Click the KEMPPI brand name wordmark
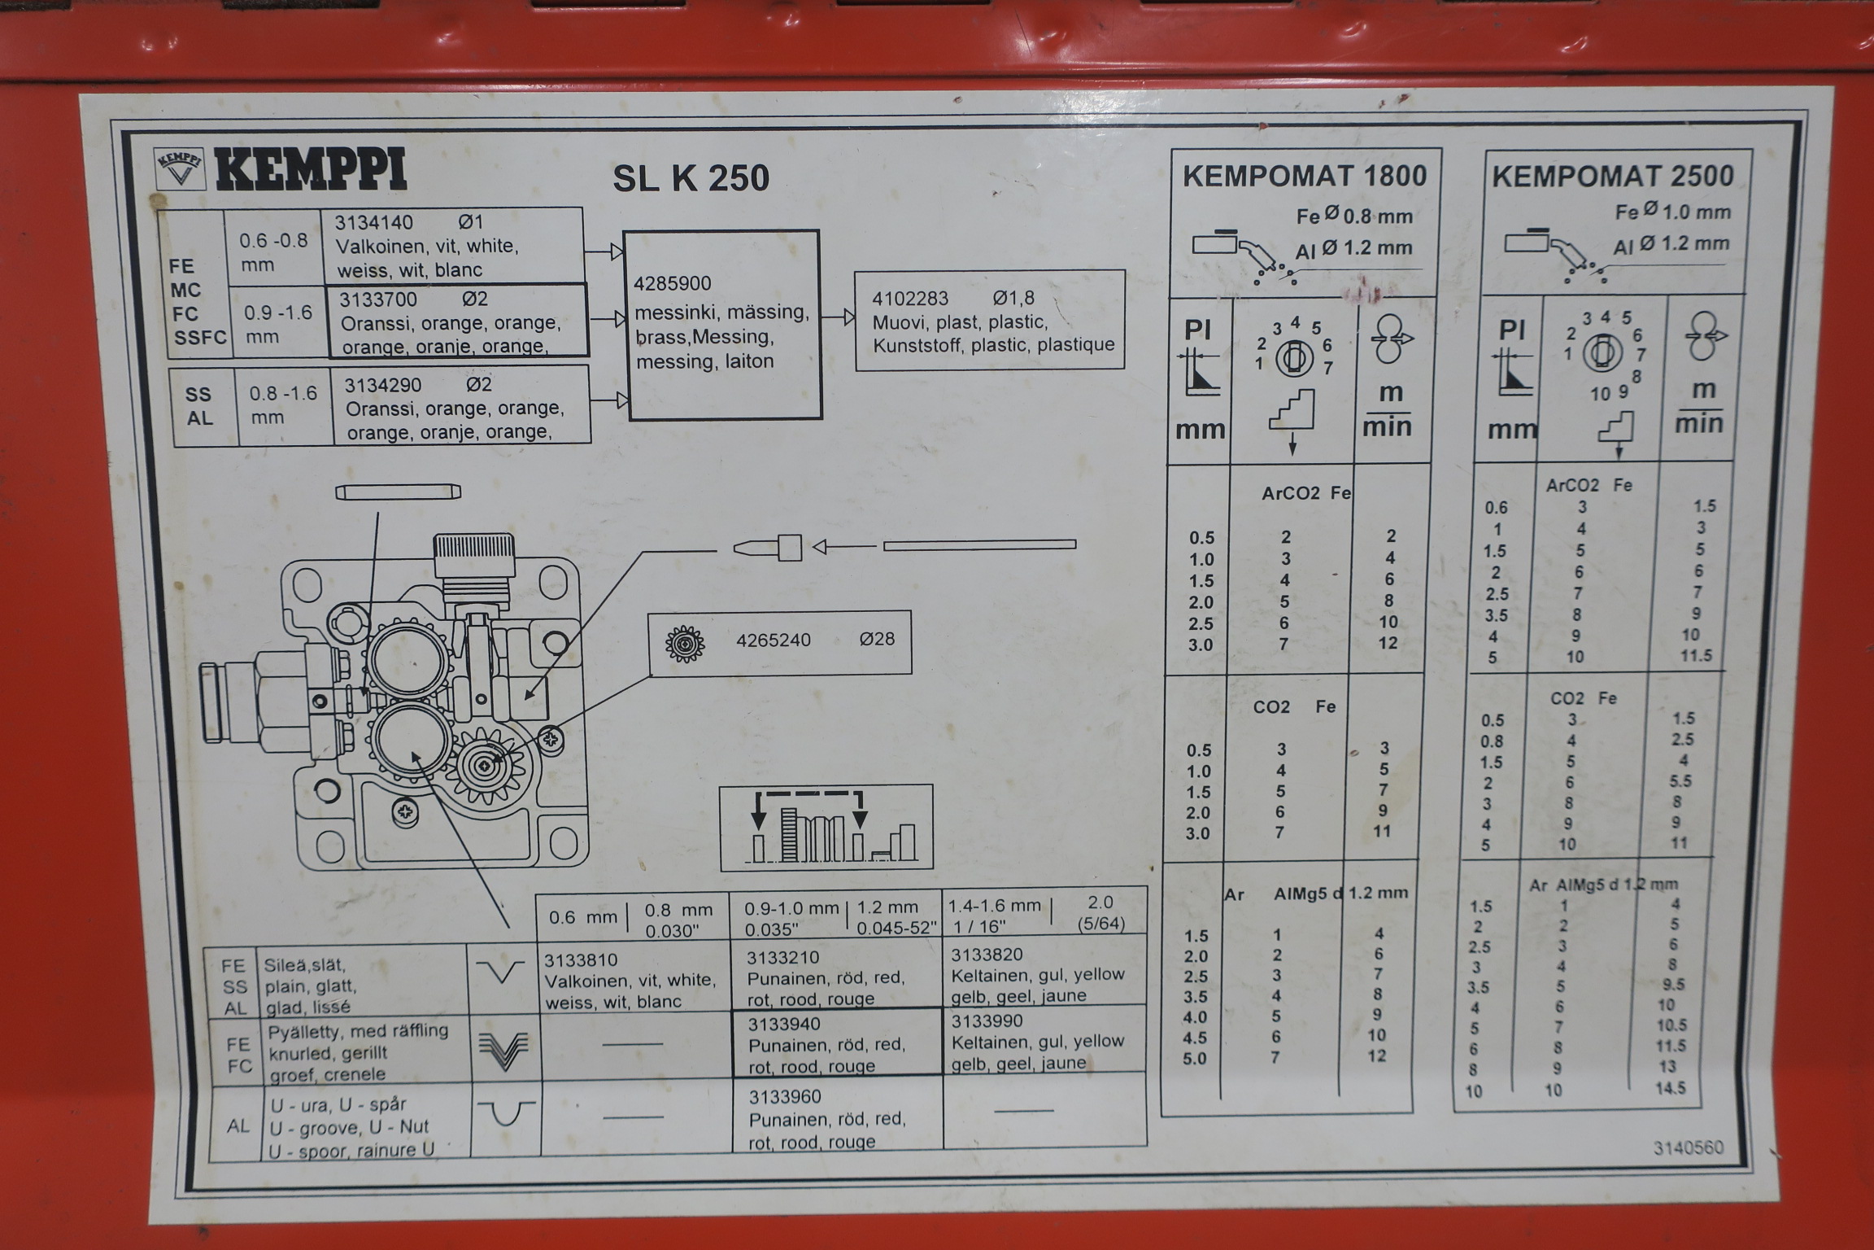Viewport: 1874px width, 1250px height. click(311, 172)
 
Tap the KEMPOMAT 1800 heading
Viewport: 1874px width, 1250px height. click(1305, 176)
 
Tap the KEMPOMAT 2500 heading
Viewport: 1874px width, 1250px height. click(1613, 176)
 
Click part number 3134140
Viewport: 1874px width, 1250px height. click(374, 222)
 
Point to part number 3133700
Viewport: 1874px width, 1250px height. click(378, 299)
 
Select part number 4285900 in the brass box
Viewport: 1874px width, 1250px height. click(673, 284)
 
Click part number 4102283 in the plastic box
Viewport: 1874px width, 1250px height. click(910, 299)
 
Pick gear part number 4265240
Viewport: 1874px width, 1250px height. click(774, 640)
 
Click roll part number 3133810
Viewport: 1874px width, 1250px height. click(581, 960)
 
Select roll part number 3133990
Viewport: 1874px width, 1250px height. click(988, 1021)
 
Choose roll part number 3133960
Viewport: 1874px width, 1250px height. click(785, 1097)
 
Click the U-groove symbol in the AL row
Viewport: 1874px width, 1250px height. click(505, 1112)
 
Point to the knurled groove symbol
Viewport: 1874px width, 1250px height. click(504, 1051)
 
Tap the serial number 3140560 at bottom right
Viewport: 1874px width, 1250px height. click(1689, 1147)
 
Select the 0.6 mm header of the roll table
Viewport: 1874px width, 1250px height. click(583, 918)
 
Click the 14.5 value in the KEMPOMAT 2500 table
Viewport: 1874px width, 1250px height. click(1671, 1088)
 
